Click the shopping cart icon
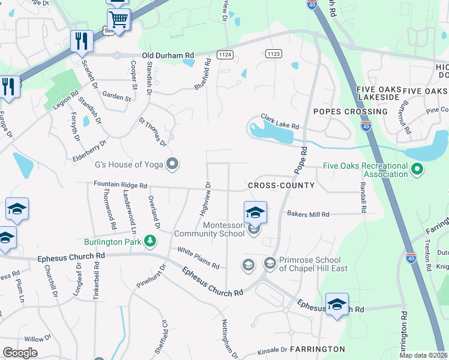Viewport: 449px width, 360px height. point(119,20)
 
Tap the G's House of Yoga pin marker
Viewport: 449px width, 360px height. point(173,164)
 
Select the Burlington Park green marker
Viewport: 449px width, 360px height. point(150,242)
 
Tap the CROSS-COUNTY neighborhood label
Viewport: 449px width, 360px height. point(281,185)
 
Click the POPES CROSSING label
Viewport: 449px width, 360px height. point(350,112)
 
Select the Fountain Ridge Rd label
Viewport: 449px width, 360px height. point(120,186)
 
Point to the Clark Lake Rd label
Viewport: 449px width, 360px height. point(279,122)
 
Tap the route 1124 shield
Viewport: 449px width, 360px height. point(225,54)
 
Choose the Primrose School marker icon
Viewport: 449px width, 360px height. point(270,263)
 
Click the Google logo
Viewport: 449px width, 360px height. point(20,353)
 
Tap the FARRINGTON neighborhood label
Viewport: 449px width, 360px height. point(317,349)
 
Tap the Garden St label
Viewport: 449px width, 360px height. point(116,96)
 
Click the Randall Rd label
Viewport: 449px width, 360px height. point(363,198)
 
